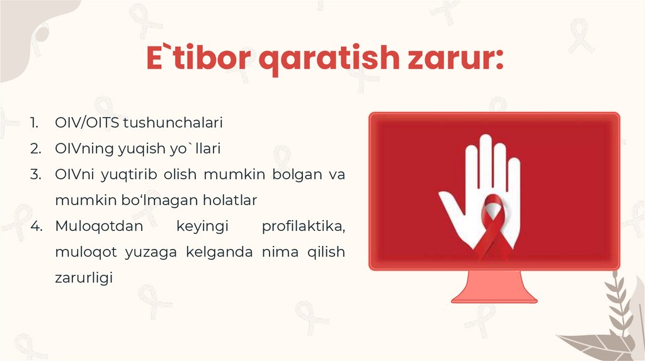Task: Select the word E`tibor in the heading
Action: (x=198, y=58)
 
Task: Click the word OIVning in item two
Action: (x=81, y=149)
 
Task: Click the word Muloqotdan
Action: (x=92, y=226)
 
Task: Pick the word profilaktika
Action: (x=303, y=226)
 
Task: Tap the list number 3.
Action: (x=35, y=175)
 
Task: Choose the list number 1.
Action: (x=35, y=123)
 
